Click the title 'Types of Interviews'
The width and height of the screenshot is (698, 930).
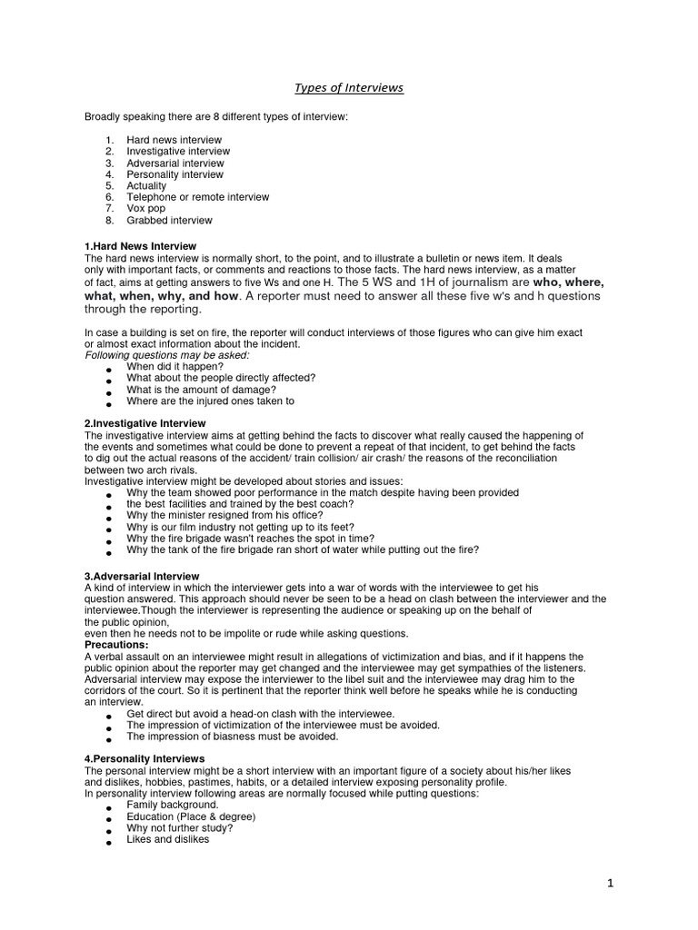tap(349, 88)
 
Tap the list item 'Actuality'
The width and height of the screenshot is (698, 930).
tap(146, 186)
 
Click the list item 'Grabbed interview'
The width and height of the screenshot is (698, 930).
tap(169, 221)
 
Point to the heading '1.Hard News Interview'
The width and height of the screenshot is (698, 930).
tap(140, 247)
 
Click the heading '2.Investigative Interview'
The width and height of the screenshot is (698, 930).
tap(145, 423)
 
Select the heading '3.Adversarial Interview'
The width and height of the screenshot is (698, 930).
tap(142, 577)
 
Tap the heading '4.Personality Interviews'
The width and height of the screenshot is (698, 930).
tap(145, 758)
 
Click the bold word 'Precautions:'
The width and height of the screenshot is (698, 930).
tap(115, 645)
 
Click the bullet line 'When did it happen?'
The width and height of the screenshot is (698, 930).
tap(174, 366)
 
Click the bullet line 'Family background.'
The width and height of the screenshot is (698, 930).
tap(173, 805)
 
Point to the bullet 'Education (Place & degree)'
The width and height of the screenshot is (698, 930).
tap(191, 816)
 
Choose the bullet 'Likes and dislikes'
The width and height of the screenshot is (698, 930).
tap(168, 839)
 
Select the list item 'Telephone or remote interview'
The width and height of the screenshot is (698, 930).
tap(198, 197)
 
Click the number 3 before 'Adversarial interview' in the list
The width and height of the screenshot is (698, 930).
tap(108, 163)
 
